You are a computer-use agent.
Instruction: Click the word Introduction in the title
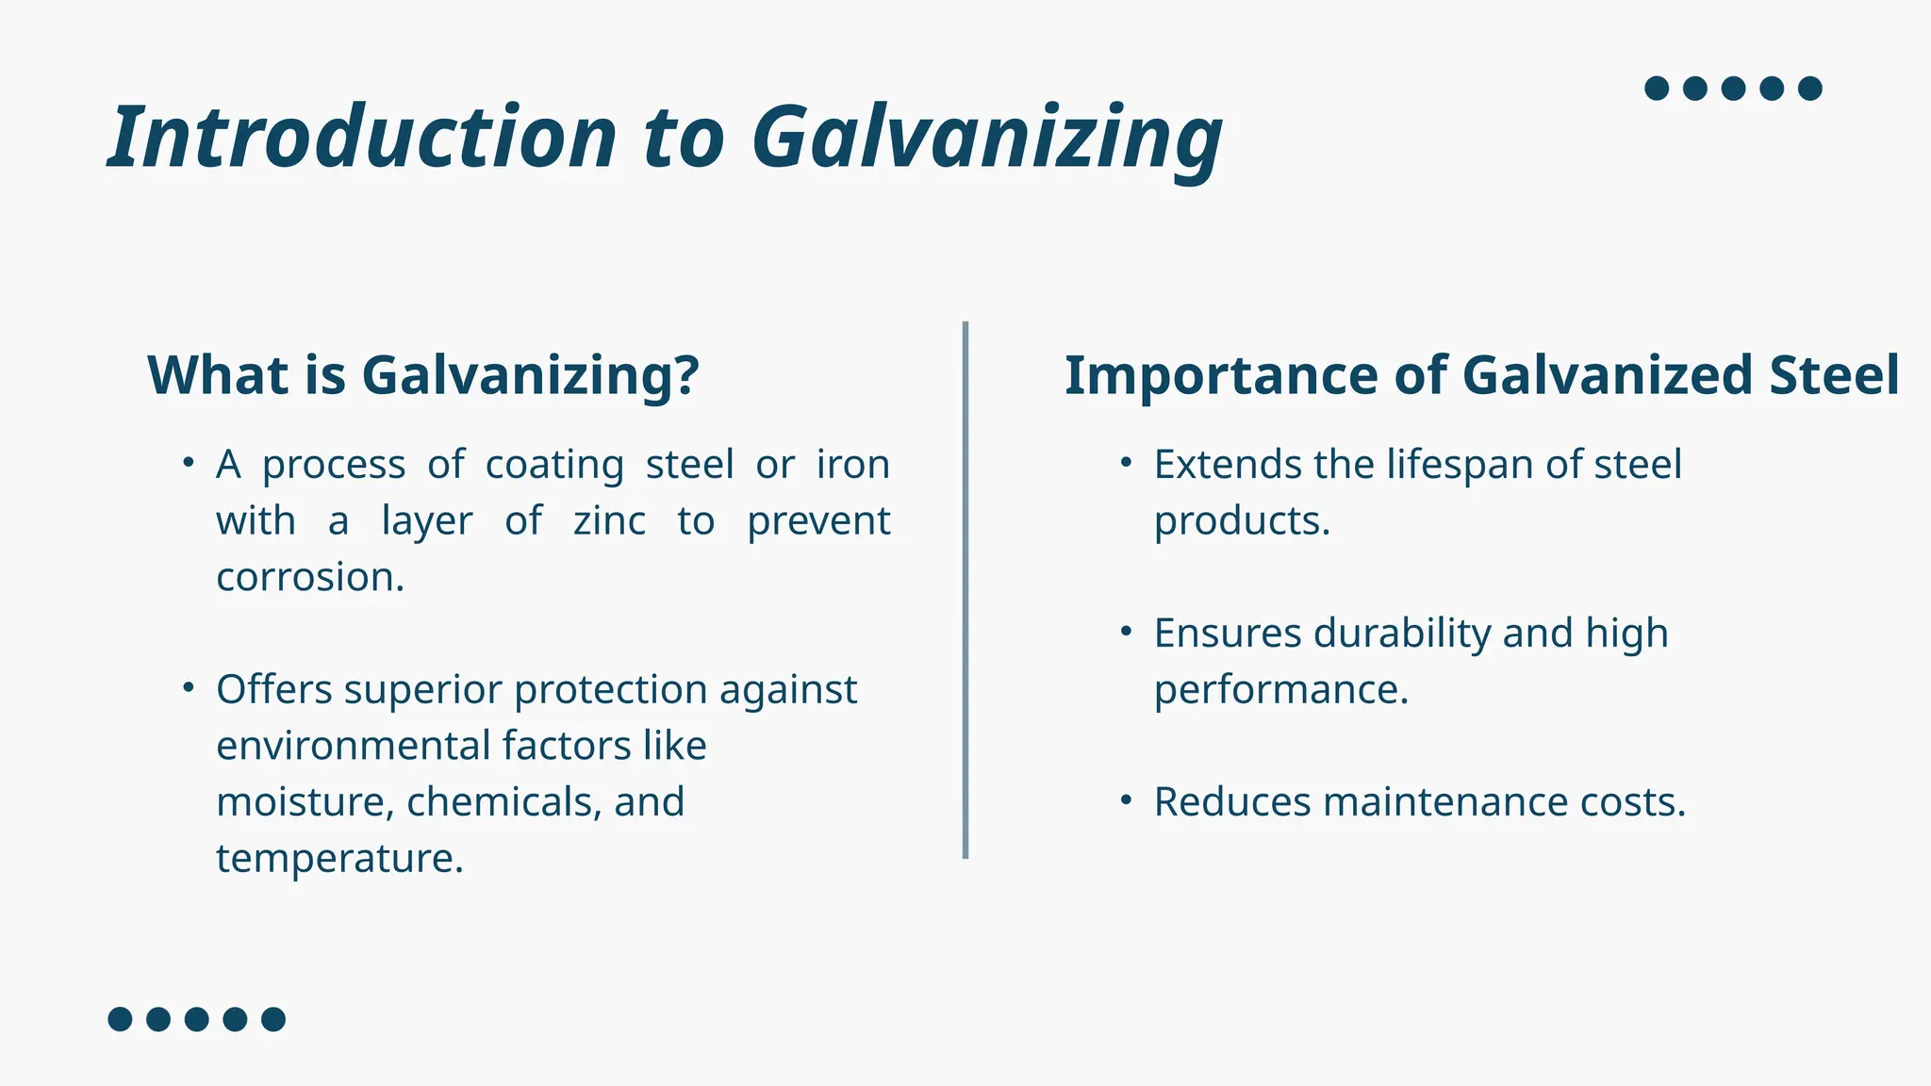(362, 138)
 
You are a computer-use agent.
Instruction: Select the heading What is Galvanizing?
(423, 375)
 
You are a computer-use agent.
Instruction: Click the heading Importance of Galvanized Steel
(1481, 375)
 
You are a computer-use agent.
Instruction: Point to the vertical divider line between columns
(965, 589)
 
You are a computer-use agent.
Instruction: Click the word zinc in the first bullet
(609, 521)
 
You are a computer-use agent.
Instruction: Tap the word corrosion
(309, 577)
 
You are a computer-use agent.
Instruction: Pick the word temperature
(338, 859)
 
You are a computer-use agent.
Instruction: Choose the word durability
(1401, 633)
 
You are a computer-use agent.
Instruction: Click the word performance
(1280, 690)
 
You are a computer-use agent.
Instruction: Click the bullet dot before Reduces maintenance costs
(1126, 800)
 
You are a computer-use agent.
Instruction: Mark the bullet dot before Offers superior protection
(189, 687)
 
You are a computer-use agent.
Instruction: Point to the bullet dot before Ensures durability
(1126, 632)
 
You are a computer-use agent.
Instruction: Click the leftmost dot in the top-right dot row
(1657, 89)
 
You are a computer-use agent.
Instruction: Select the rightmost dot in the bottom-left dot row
(273, 1019)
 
